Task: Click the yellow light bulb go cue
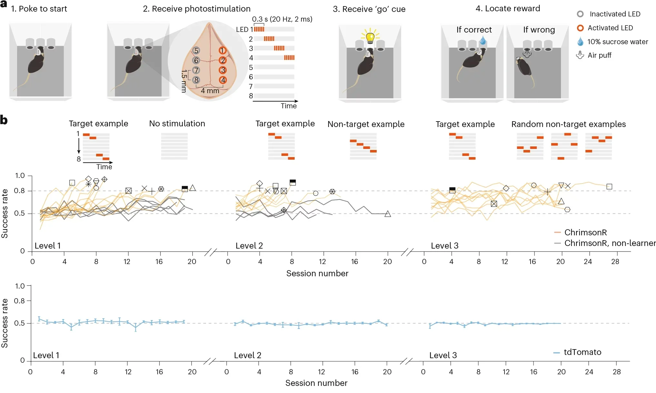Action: pyautogui.click(x=370, y=37)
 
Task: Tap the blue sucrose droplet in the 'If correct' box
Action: pyautogui.click(x=483, y=41)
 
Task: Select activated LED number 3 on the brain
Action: pyautogui.click(x=222, y=70)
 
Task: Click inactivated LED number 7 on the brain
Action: pyautogui.click(x=196, y=70)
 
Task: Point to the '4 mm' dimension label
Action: pyautogui.click(x=210, y=91)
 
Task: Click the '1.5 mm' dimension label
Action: pyautogui.click(x=184, y=81)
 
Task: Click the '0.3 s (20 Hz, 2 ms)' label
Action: pyautogui.click(x=282, y=19)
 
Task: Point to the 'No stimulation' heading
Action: pyautogui.click(x=177, y=123)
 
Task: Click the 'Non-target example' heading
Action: pyautogui.click(x=366, y=124)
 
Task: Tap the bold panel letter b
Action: pyautogui.click(x=4, y=120)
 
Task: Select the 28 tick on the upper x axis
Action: pyautogui.click(x=615, y=261)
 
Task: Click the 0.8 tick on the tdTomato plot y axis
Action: pyautogui.click(x=20, y=301)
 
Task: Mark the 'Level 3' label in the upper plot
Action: pyautogui.click(x=445, y=246)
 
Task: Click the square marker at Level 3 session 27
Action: pyautogui.click(x=609, y=187)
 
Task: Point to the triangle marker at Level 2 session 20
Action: pyautogui.click(x=388, y=214)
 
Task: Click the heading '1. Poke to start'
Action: pyautogui.click(x=39, y=9)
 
